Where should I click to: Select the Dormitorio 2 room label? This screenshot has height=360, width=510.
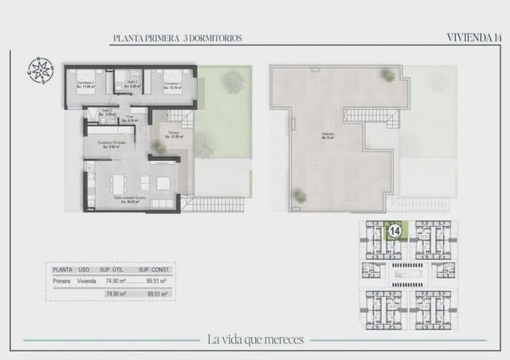tap(85, 84)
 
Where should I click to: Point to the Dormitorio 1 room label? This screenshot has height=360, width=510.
tap(173, 84)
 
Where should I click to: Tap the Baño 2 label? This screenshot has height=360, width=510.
tap(107, 112)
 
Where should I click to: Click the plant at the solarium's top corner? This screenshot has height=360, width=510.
tap(388, 76)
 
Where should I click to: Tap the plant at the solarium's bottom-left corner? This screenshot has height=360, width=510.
tap(300, 195)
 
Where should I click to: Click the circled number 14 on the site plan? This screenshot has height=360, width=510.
tap(394, 232)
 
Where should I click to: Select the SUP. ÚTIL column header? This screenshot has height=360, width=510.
tap(109, 270)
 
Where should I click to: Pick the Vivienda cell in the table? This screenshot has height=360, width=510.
tap(87, 281)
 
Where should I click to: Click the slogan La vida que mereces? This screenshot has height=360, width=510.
tap(255, 339)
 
